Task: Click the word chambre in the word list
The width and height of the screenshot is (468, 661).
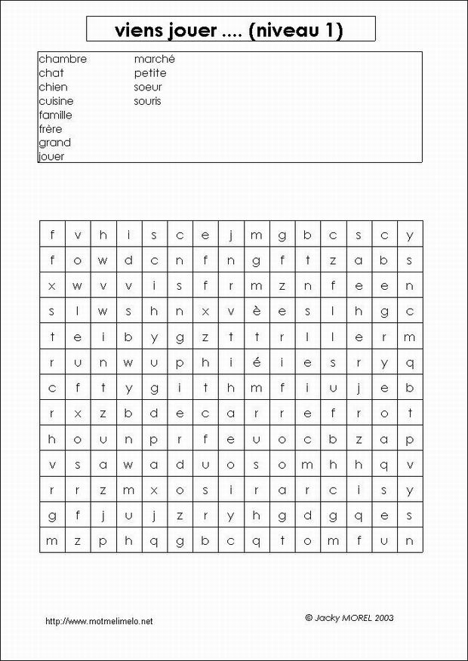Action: (x=63, y=59)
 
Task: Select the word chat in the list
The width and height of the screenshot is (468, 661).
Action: (x=51, y=73)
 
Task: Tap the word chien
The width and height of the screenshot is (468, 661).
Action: (x=53, y=87)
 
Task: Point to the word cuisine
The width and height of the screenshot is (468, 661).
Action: (x=56, y=101)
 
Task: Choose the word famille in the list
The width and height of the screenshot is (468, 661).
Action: (x=55, y=115)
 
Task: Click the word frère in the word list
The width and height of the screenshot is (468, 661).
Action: (x=51, y=129)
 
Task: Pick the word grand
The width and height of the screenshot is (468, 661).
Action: (x=54, y=143)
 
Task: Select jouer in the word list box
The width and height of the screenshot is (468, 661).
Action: (x=51, y=157)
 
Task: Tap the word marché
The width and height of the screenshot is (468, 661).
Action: (x=155, y=59)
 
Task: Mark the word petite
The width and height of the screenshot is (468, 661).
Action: (x=150, y=73)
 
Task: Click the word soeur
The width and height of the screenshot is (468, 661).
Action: (x=148, y=87)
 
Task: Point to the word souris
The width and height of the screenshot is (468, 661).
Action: (x=147, y=101)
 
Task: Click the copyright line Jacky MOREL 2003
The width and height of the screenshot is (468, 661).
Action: (x=349, y=617)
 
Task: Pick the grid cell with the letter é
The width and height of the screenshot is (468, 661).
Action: (x=257, y=362)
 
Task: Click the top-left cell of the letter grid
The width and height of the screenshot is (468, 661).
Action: (x=52, y=234)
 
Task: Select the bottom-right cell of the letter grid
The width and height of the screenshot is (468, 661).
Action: (x=410, y=540)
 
